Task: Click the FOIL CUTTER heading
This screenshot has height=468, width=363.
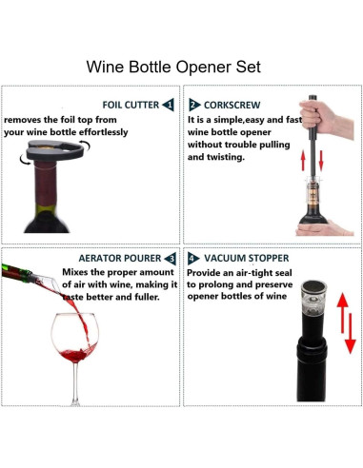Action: pyautogui.click(x=131, y=104)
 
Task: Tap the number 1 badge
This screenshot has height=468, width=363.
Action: pyautogui.click(x=169, y=104)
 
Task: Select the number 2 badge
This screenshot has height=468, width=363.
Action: pyautogui.click(x=194, y=104)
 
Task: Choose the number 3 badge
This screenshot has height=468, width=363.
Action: pyautogui.click(x=169, y=258)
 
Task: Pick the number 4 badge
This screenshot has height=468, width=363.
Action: pyautogui.click(x=194, y=258)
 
